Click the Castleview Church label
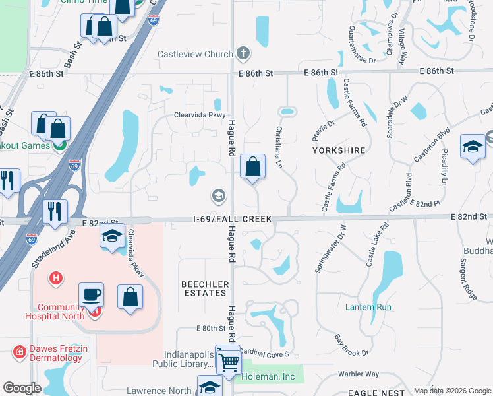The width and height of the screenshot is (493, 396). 195,54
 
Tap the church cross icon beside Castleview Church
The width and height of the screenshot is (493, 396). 243,53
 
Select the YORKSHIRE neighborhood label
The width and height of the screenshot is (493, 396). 339,150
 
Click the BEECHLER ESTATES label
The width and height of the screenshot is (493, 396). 206,289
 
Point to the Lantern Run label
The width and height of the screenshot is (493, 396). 368,307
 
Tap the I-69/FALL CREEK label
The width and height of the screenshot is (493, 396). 230,218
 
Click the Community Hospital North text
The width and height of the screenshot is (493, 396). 61,311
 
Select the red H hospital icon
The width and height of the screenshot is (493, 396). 56,278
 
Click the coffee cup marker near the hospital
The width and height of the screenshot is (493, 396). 91,295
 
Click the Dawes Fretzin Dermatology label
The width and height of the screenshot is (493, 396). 55,353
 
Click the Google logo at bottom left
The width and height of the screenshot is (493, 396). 22,388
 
